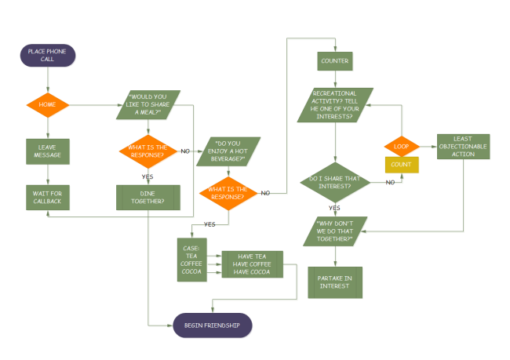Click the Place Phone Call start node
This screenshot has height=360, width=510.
point(48,56)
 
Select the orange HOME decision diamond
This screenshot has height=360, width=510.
point(48,105)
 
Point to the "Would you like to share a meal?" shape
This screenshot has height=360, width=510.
point(155,105)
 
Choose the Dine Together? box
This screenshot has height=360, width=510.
point(148,197)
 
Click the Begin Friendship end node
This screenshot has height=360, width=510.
point(212,325)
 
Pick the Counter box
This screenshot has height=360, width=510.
point(335,60)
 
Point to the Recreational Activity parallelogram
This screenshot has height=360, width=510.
point(335,106)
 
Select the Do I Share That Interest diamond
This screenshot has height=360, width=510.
point(335,181)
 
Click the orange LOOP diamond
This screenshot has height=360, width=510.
point(402,146)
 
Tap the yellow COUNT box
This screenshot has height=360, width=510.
point(402,165)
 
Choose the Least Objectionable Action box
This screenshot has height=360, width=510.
point(463,147)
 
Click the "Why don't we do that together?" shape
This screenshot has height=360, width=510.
point(335,231)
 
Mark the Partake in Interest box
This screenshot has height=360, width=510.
point(335,282)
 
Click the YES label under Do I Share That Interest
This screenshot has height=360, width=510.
point(335,208)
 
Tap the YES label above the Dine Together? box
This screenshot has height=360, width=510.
point(148,176)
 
